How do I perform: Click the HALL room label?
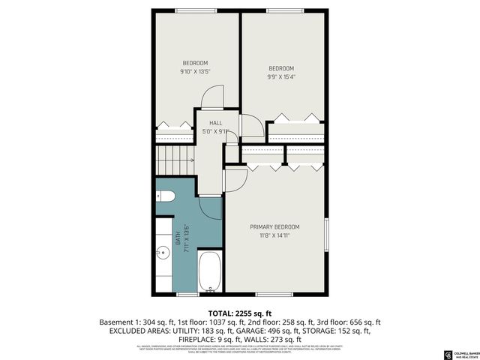(x=215, y=123)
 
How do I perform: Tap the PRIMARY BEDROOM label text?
(x=274, y=227)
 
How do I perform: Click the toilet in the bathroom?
(x=165, y=196)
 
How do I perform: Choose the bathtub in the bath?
(x=209, y=271)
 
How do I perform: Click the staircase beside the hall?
(x=174, y=160)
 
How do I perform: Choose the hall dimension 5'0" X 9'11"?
(x=215, y=131)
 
